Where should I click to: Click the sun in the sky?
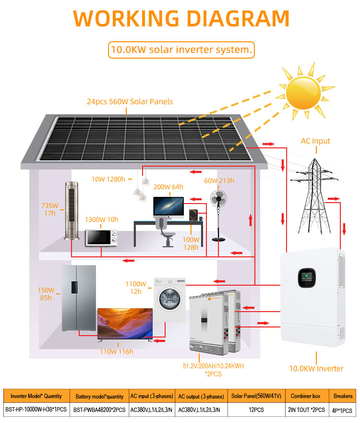click(x=304, y=93)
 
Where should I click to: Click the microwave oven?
click(x=101, y=237)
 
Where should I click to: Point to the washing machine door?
click(x=169, y=299)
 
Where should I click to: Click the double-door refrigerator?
click(x=79, y=298)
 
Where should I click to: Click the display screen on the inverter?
click(x=307, y=278)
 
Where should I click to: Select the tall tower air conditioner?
click(x=72, y=211)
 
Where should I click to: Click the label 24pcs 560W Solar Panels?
click(x=130, y=101)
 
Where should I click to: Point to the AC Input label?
click(x=315, y=141)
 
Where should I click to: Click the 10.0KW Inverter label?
click(x=316, y=369)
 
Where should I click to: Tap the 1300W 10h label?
click(x=102, y=219)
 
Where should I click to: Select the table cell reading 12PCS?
click(x=256, y=410)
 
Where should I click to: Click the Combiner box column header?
click(x=306, y=396)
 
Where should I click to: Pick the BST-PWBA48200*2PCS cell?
click(x=99, y=410)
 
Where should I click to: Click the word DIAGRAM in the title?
click(x=238, y=18)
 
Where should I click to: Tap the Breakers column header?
click(x=343, y=396)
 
